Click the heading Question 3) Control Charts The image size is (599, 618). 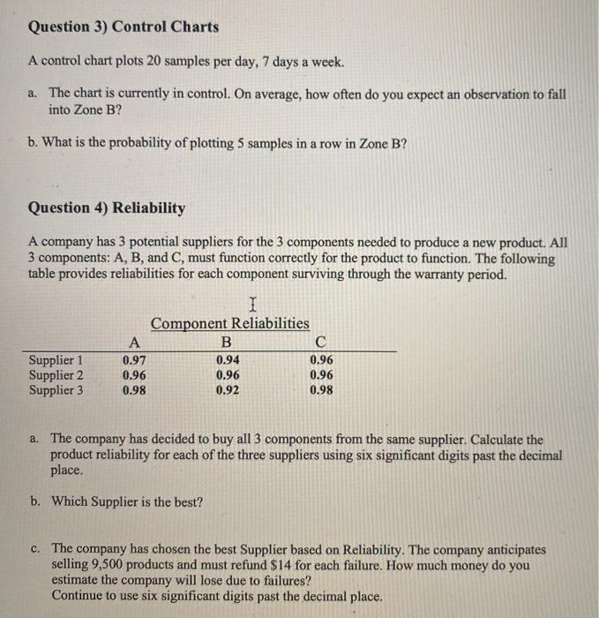pyautogui.click(x=124, y=26)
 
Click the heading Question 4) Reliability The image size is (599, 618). pyautogui.click(x=107, y=208)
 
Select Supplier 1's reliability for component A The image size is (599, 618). pyautogui.click(x=135, y=360)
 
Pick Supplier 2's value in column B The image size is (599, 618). pyautogui.click(x=228, y=374)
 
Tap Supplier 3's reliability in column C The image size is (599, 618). pyautogui.click(x=322, y=389)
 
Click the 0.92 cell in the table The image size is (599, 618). pyautogui.click(x=228, y=389)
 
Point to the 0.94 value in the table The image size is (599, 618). pyautogui.click(x=228, y=360)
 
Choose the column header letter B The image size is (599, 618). pyautogui.click(x=227, y=343)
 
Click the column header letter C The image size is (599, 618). pyautogui.click(x=321, y=343)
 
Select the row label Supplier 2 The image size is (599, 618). pyautogui.click(x=56, y=374)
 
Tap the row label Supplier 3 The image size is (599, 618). pyautogui.click(x=56, y=389)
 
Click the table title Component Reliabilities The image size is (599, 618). pyautogui.click(x=229, y=324)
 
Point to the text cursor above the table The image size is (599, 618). pyautogui.click(x=253, y=305)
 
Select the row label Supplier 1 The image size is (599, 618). pyautogui.click(x=56, y=360)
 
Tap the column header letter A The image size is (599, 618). pyautogui.click(x=133, y=343)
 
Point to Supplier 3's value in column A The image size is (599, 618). pyautogui.click(x=135, y=389)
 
